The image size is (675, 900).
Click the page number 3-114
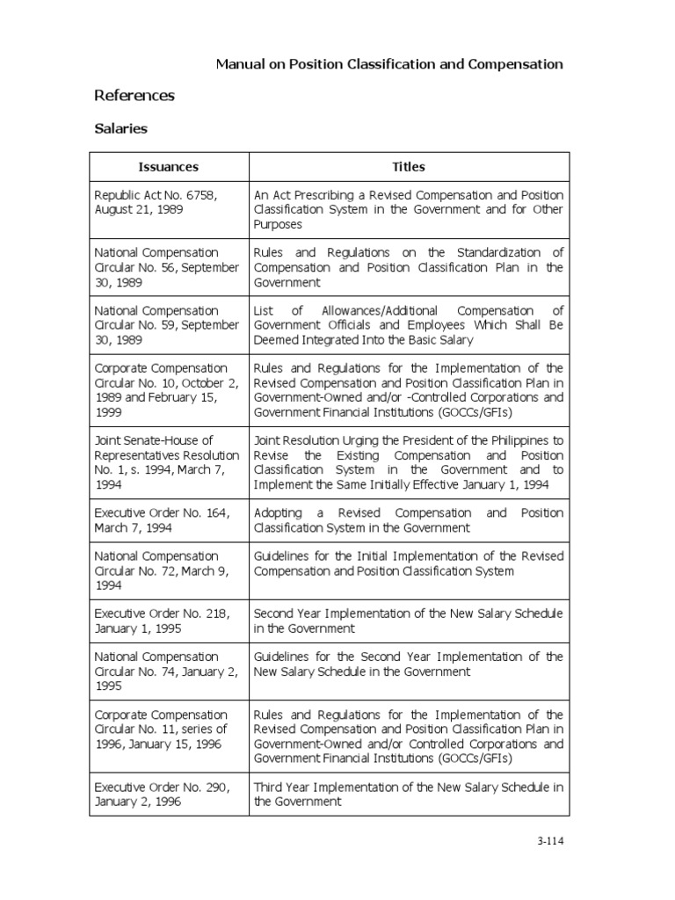549,840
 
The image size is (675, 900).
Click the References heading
134,95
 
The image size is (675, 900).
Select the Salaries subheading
120,129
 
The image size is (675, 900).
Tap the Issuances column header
168,166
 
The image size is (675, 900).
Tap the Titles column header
409,166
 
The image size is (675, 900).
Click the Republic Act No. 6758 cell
168,201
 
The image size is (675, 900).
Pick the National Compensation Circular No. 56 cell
168,267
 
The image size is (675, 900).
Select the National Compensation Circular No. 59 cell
168,325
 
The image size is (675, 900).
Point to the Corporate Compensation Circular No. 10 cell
168,390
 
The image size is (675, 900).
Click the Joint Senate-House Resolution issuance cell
168,462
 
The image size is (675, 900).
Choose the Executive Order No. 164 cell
168,520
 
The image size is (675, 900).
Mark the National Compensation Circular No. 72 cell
168,570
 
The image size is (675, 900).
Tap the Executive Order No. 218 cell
168,621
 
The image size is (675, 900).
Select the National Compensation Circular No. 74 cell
168,671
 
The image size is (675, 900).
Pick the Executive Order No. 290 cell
168,795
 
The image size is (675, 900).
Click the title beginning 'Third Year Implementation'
409,795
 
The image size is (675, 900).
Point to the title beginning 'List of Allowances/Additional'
409,325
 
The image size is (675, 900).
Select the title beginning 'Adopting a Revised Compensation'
409,520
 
